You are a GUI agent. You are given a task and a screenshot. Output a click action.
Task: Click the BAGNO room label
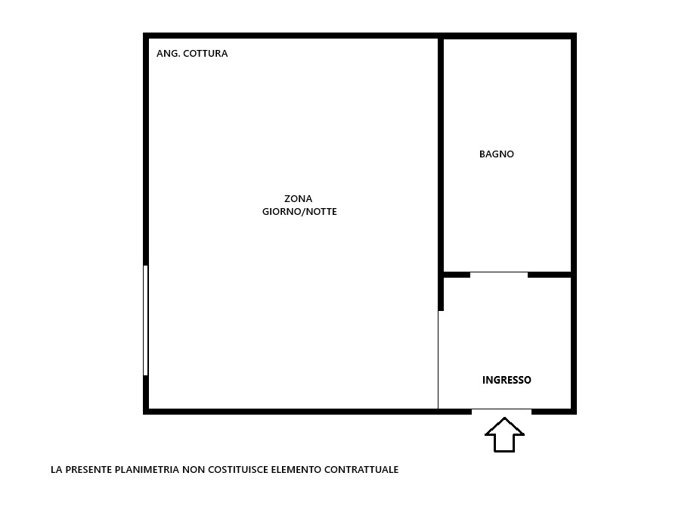tap(497, 154)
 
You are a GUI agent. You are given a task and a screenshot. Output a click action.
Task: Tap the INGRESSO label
tap(507, 380)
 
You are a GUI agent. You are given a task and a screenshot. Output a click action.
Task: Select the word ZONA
tap(299, 198)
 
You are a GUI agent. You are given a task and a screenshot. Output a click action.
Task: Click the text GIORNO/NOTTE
tap(299, 212)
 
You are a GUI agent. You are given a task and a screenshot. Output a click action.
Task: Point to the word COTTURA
tap(206, 54)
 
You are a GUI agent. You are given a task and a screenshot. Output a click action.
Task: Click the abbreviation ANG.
tap(168, 54)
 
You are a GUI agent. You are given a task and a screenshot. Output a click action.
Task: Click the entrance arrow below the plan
tap(504, 434)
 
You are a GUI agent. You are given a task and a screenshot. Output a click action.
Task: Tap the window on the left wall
tap(145, 320)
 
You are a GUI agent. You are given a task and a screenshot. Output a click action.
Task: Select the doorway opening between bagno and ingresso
tap(499, 275)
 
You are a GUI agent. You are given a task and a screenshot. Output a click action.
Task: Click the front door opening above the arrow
tap(501, 412)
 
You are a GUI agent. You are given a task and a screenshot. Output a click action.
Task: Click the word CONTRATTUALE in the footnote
tap(361, 470)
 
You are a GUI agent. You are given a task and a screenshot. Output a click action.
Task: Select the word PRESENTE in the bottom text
tap(88, 470)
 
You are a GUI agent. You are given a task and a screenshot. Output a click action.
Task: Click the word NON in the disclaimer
tap(194, 470)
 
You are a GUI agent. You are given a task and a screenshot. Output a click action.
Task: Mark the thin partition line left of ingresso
tap(438, 359)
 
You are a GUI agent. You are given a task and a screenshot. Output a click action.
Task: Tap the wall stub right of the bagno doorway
tap(550, 275)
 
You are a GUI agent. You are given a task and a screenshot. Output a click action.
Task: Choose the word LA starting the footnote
tap(56, 470)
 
